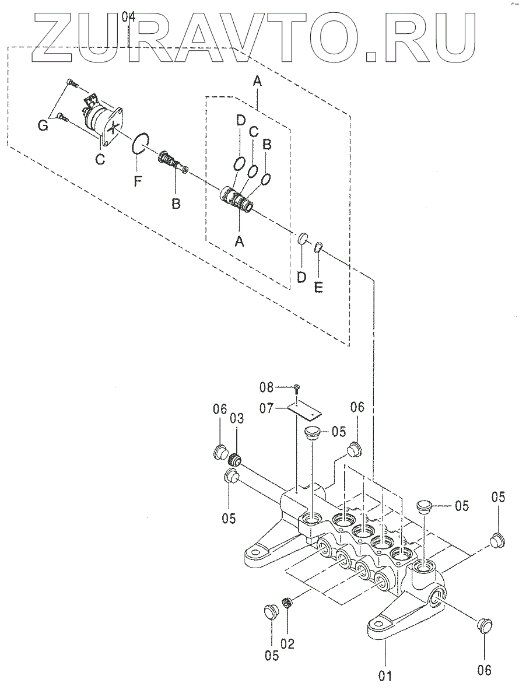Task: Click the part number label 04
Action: [x=129, y=17]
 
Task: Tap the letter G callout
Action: [x=43, y=124]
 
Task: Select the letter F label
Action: [x=138, y=181]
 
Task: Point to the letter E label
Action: [x=318, y=287]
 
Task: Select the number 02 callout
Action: [x=287, y=643]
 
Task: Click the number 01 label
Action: [x=385, y=676]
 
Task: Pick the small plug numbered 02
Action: [x=287, y=603]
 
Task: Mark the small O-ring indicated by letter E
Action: [x=318, y=248]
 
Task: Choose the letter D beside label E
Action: [x=301, y=277]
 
